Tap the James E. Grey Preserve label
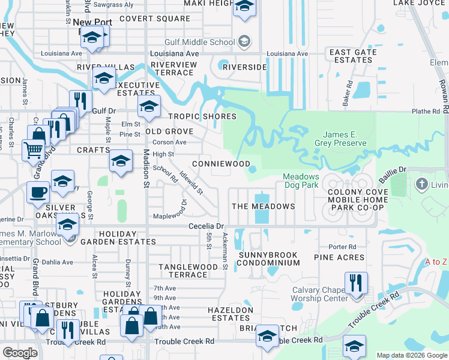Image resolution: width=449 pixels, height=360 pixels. tap(344, 139)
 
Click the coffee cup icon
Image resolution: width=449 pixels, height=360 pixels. tap(38, 192)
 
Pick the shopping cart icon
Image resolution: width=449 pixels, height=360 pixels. tap(32, 148)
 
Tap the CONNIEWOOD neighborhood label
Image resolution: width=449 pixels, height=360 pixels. tap(220, 164)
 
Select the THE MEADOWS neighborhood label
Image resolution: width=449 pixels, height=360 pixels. tap(263, 206)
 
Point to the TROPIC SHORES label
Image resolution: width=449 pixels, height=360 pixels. tap(202, 116)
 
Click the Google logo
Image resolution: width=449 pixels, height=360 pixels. tap(20, 353)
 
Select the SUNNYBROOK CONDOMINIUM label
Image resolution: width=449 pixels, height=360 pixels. tap(268, 260)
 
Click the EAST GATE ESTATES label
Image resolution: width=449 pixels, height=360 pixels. tap(353, 56)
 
